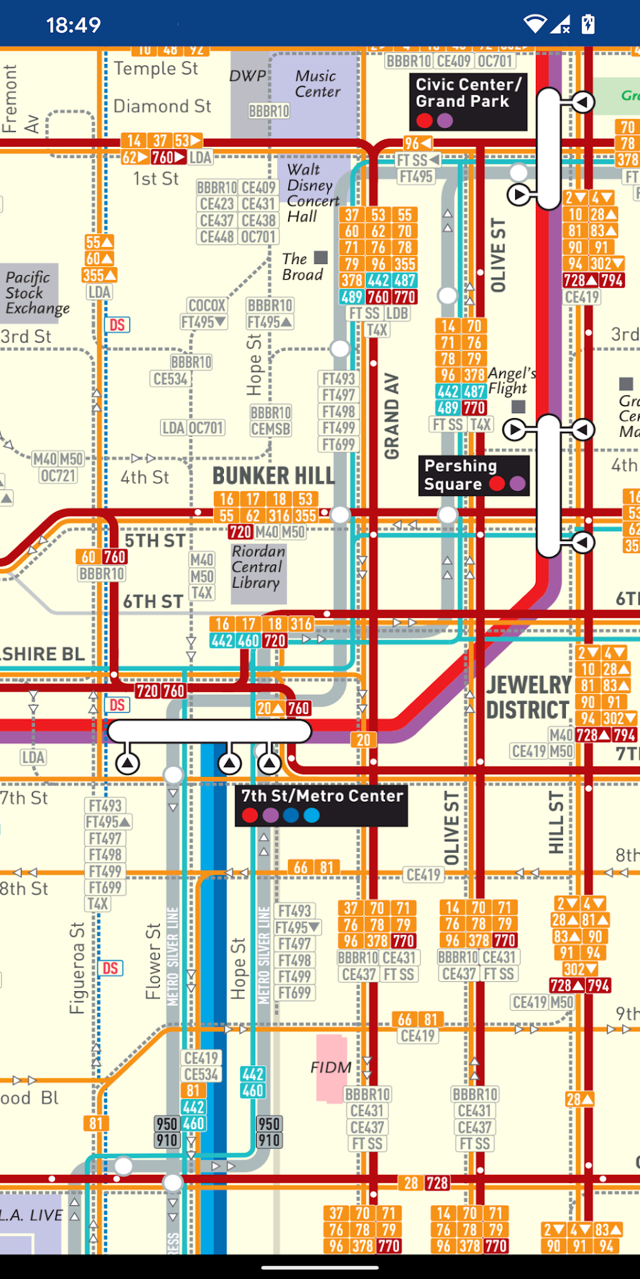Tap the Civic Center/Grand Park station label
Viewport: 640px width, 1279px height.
point(468,93)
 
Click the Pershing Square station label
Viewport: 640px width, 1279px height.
point(461,475)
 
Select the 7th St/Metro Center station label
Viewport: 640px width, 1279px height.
point(322,796)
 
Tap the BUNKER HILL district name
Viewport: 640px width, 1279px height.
point(274,476)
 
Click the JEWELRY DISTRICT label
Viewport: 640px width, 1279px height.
point(528,697)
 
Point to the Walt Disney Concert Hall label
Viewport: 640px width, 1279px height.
point(312,193)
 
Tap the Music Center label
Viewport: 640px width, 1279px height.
point(317,84)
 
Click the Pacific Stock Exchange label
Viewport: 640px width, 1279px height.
point(36,293)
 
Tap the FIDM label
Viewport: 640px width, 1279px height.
point(331,1067)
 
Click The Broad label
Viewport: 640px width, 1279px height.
point(302,267)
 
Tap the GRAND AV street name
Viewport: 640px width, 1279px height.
point(392,416)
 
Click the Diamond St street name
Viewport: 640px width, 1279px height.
point(162,107)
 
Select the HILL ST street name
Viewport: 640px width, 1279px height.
point(556,823)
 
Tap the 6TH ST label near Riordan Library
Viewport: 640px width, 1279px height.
point(153,602)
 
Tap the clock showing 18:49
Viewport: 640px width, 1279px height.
point(73,25)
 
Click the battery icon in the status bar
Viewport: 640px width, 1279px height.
point(588,24)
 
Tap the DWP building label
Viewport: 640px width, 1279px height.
point(247,76)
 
